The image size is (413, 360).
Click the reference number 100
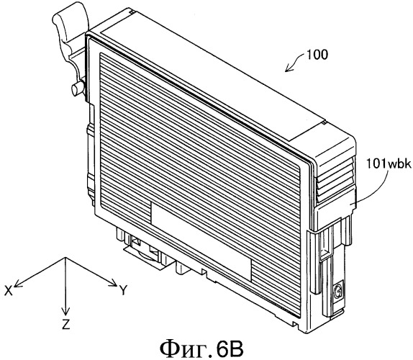tap(316, 55)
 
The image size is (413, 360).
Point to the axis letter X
tap(9, 291)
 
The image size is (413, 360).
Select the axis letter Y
tap(123, 290)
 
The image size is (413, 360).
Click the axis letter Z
tap(66, 324)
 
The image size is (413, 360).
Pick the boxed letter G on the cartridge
tap(337, 292)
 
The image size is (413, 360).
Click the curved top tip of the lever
tap(69, 12)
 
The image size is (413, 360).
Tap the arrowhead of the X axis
tap(17, 284)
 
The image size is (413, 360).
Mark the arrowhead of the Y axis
tap(114, 283)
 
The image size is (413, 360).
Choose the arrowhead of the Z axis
tap(65, 311)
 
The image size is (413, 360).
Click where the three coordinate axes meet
tap(65, 258)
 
